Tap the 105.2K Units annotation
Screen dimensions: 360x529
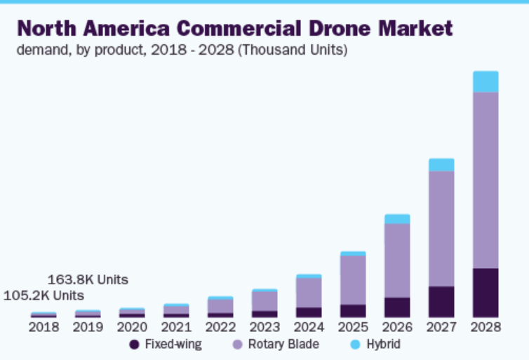[43, 295]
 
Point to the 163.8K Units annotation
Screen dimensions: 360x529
[88, 279]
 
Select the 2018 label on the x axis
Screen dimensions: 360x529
[43, 327]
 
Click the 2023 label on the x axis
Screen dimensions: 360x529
[264, 327]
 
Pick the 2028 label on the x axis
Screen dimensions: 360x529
[486, 327]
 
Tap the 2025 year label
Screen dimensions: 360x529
[353, 327]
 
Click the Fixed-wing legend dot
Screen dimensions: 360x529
[134, 345]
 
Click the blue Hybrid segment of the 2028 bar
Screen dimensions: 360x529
[486, 81]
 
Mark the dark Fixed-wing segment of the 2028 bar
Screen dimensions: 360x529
[486, 293]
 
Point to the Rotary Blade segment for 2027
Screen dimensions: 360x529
[441, 229]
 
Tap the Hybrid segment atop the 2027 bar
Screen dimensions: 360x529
[441, 165]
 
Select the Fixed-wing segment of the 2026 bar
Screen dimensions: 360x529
[397, 307]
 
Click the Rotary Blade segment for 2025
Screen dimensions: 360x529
[353, 280]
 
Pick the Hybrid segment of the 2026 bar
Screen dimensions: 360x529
[397, 219]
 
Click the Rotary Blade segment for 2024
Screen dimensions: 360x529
[309, 293]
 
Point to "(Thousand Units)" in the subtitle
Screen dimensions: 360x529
[294, 51]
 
